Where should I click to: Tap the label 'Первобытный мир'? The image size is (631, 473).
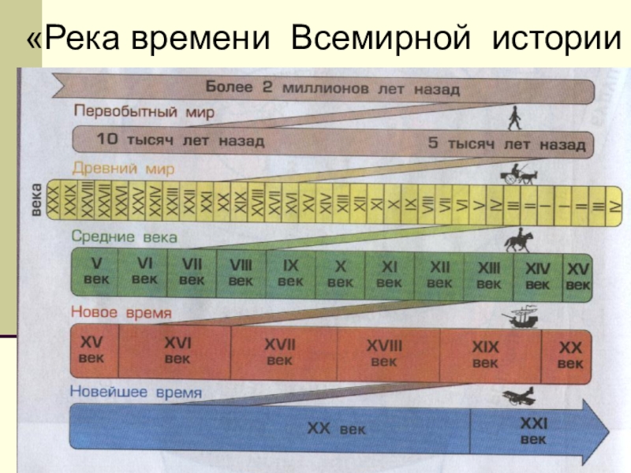click(x=144, y=112)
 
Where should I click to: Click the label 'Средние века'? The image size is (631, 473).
click(x=125, y=236)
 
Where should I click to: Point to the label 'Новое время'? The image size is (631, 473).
click(x=121, y=313)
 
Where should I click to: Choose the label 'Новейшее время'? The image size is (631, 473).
click(x=136, y=392)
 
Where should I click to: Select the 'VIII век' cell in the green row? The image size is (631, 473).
click(x=241, y=273)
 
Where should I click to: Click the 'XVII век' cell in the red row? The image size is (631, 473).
click(x=280, y=352)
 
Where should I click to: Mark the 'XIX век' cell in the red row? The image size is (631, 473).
click(x=485, y=353)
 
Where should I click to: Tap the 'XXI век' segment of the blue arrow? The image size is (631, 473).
click(x=533, y=431)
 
